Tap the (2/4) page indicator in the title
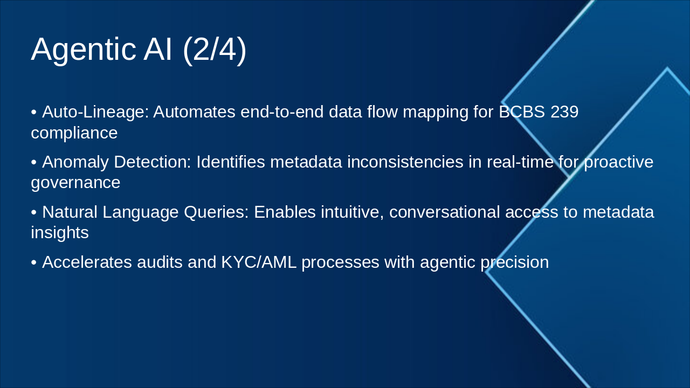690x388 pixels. pyautogui.click(x=215, y=50)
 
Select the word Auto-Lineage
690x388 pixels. pyautogui.click(x=94, y=112)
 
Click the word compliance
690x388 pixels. pyautogui.click(x=74, y=133)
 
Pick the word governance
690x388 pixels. pyautogui.click(x=75, y=183)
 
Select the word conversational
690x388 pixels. pyautogui.click(x=445, y=212)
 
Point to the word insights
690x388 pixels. pyautogui.click(x=59, y=233)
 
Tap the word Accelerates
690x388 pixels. pyautogui.click(x=87, y=262)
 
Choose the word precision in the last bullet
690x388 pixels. pyautogui.click(x=514, y=262)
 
